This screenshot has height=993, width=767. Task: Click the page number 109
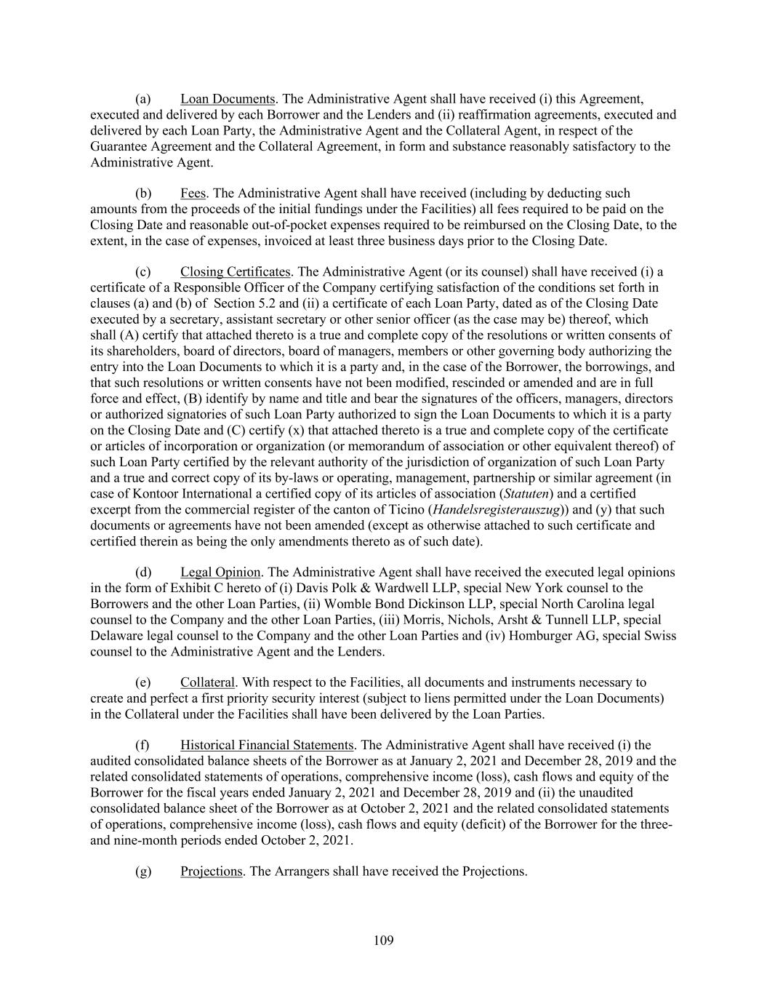coord(383,941)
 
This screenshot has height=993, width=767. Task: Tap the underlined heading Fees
coord(193,194)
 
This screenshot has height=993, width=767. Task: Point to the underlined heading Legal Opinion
coord(220,573)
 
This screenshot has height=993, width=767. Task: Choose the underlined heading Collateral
coord(207,682)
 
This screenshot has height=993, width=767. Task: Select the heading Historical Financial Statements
coord(267,745)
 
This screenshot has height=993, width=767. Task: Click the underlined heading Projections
coord(211,871)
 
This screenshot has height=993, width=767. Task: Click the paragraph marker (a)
coord(143,99)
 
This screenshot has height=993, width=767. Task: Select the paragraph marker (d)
coord(143,573)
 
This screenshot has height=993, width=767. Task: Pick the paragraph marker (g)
coord(143,871)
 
